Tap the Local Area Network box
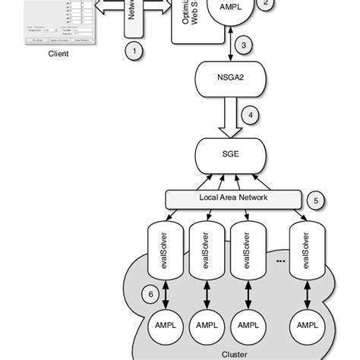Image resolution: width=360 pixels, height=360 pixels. point(233,197)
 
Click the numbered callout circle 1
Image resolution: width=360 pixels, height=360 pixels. point(134,52)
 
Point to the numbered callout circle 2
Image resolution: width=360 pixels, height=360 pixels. point(265,3)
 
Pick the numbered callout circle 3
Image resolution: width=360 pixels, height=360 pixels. point(243,46)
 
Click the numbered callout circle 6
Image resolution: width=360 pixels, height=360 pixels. point(150,292)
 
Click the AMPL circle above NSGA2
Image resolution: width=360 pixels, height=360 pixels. point(230,11)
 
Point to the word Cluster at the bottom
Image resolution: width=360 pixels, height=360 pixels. point(234,354)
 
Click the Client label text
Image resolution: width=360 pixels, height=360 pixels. point(58,54)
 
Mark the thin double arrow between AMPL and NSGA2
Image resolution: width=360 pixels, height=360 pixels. point(231,46)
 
